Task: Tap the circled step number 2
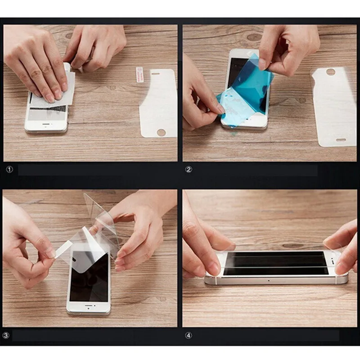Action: click(189, 170)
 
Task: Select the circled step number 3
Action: click(6, 335)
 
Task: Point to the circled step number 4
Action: click(189, 335)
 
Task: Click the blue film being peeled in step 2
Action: click(252, 85)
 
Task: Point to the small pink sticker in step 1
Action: click(139, 74)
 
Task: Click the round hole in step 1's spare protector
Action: click(161, 132)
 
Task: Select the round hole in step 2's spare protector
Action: click(331, 72)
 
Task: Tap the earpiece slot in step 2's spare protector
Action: click(341, 140)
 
